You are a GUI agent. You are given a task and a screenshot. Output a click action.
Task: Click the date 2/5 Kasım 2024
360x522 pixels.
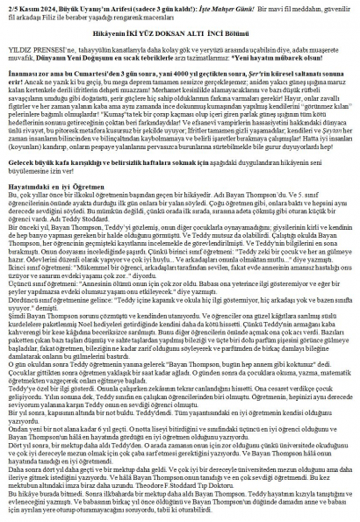pos(25,5)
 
